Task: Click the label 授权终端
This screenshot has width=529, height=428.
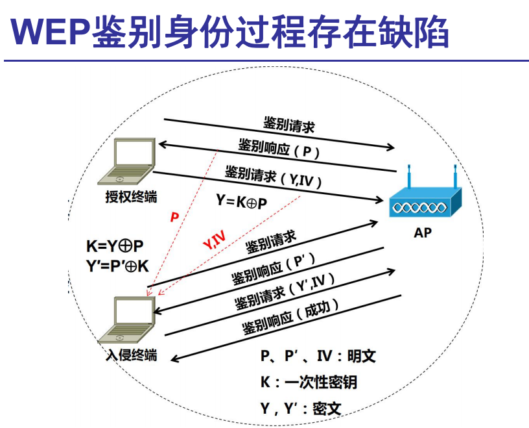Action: (131, 195)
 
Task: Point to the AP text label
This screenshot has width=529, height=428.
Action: (423, 233)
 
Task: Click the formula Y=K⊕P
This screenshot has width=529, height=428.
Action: (241, 202)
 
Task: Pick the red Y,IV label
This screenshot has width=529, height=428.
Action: (215, 242)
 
